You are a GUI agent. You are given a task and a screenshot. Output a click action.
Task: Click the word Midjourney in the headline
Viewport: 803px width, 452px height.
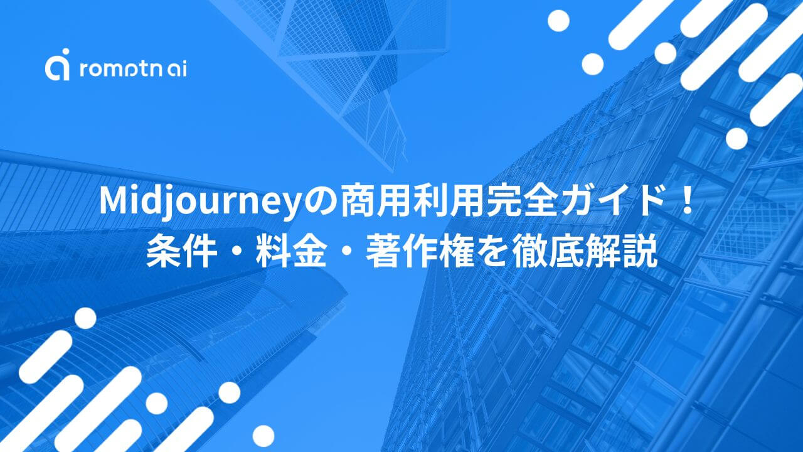pos(199,202)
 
